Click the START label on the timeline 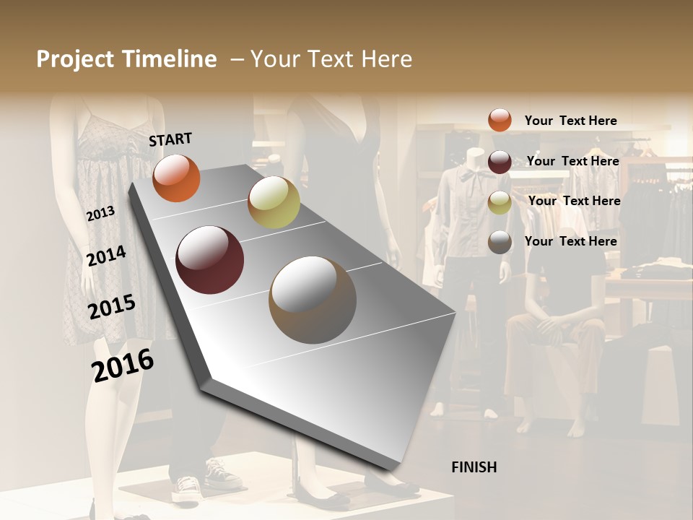pyautogui.click(x=170, y=139)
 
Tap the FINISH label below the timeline pyautogui.click(x=474, y=467)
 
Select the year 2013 pyautogui.click(x=100, y=214)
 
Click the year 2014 pyautogui.click(x=106, y=256)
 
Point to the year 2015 pyautogui.click(x=111, y=307)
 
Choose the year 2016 pyautogui.click(x=123, y=365)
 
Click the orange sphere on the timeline pyautogui.click(x=176, y=178)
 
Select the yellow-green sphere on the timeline pyautogui.click(x=274, y=203)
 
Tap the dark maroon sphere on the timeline pyautogui.click(x=209, y=260)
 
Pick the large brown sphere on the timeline pyautogui.click(x=313, y=300)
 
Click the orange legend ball pyautogui.click(x=500, y=120)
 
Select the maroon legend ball pyautogui.click(x=500, y=161)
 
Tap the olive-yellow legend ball pyautogui.click(x=500, y=202)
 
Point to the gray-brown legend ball pyautogui.click(x=500, y=242)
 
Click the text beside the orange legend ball pyautogui.click(x=570, y=121)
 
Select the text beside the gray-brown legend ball pyautogui.click(x=570, y=241)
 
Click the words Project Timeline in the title pyautogui.click(x=126, y=59)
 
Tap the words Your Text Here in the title pyautogui.click(x=331, y=59)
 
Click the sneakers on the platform pyautogui.click(x=206, y=480)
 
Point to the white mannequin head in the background pyautogui.click(x=474, y=159)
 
